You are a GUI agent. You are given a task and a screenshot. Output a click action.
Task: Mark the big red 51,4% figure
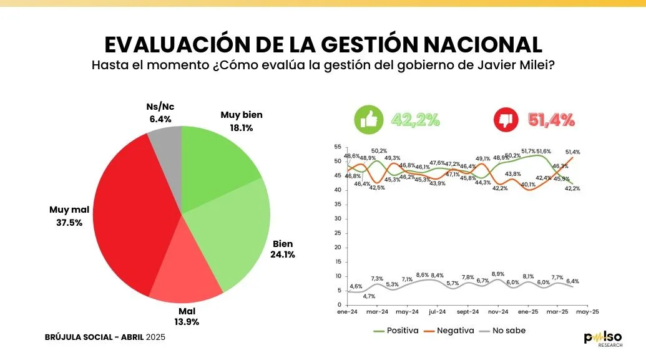[551, 120]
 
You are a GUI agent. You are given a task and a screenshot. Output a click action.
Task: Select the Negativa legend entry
[451, 330]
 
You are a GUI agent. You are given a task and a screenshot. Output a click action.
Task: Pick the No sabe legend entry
[510, 330]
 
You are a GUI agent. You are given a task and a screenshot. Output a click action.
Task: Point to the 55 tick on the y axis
[337, 147]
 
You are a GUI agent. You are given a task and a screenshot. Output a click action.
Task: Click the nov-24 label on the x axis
[498, 311]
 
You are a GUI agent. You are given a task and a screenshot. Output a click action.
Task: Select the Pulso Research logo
[602, 339]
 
